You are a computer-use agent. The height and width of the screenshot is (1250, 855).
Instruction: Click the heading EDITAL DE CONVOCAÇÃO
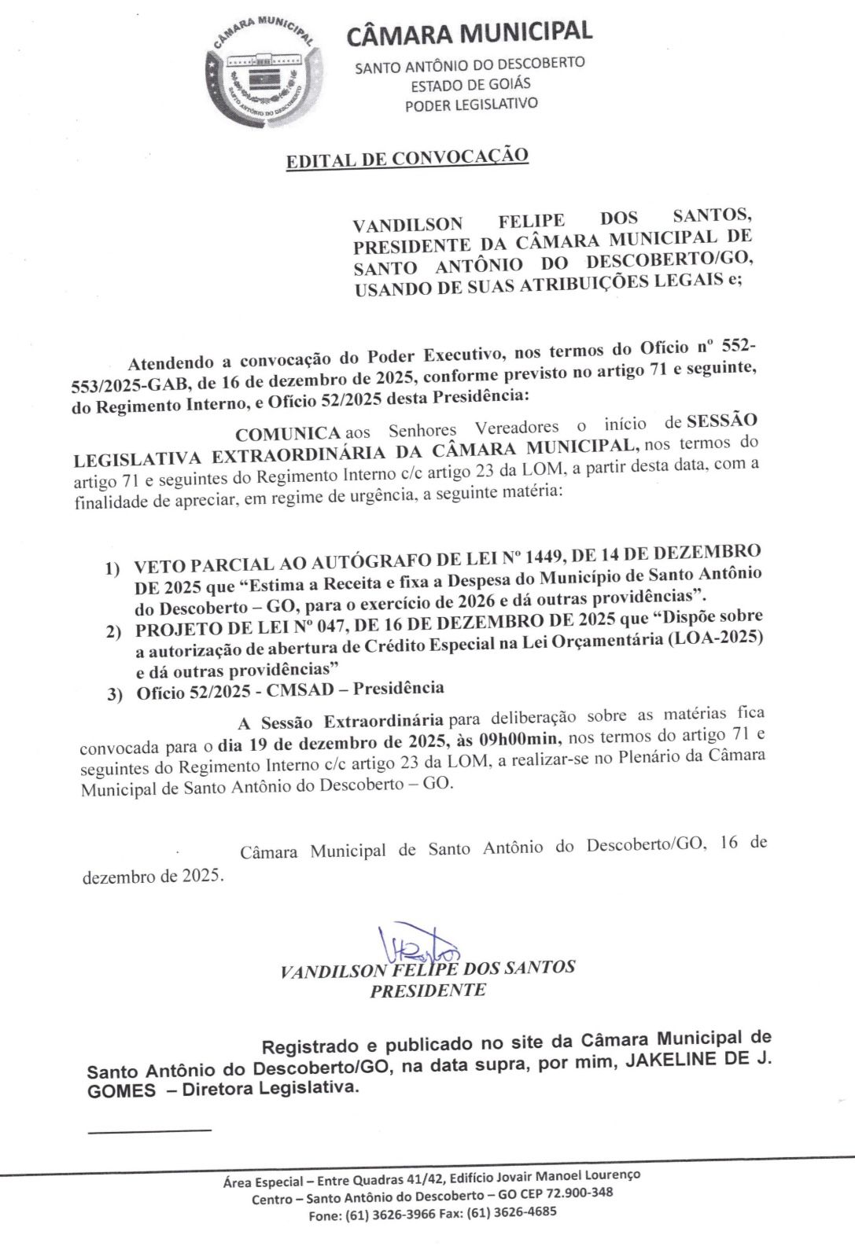(407, 158)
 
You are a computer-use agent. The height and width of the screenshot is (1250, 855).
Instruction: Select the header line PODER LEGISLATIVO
(471, 104)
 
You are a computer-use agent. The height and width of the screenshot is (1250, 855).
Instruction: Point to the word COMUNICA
(288, 433)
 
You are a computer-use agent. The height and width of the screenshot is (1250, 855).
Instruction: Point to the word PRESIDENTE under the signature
(428, 991)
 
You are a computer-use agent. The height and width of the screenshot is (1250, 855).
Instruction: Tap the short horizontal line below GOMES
(149, 1131)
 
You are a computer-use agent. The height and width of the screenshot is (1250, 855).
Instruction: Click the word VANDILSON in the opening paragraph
(407, 224)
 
